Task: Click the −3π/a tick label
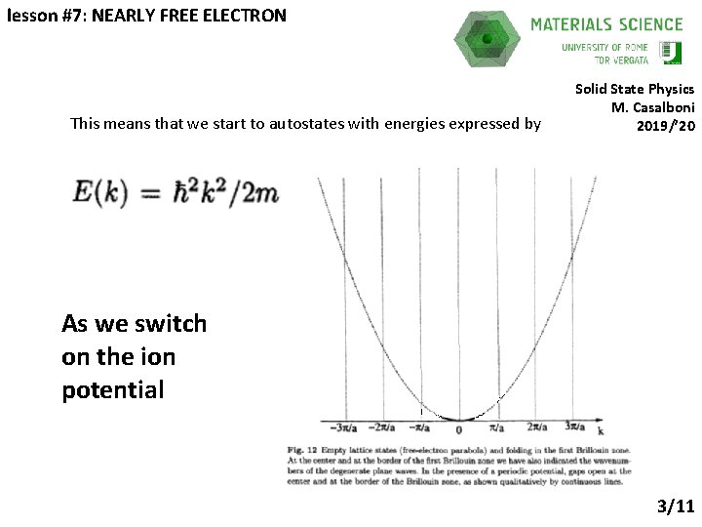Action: (342, 427)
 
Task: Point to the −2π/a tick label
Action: (381, 427)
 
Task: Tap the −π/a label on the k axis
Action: (419, 427)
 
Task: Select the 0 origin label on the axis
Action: (458, 428)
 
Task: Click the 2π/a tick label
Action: (536, 427)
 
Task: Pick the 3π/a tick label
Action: (575, 427)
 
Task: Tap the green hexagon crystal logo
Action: (487, 39)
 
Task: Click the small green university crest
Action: (671, 52)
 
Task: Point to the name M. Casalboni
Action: (652, 106)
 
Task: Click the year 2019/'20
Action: (666, 125)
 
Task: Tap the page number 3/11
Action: (675, 506)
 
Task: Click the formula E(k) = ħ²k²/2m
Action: (175, 192)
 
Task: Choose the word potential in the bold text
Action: (112, 390)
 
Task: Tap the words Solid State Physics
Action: (635, 89)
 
